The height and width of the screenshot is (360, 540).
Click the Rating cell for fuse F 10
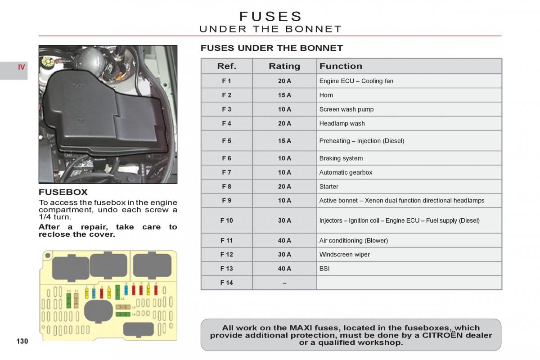[x=284, y=220]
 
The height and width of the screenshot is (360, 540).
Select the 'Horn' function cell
[x=326, y=95]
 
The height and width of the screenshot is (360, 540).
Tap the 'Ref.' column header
[x=226, y=66]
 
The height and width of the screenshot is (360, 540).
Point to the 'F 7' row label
[x=226, y=172]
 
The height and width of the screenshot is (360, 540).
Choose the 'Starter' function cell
[x=329, y=186]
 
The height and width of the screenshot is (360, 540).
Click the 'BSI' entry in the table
[x=324, y=269]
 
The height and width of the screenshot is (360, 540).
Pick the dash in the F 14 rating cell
[x=284, y=283]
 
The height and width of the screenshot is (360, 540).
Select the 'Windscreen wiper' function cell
[x=345, y=254]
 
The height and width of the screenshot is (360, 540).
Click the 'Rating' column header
[x=284, y=66]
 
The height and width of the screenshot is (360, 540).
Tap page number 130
[x=22, y=341]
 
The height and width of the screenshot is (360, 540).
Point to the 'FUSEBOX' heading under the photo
[x=63, y=192]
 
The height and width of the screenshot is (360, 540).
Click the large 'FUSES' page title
[x=271, y=16]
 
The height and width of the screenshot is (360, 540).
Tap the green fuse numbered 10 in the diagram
[x=69, y=300]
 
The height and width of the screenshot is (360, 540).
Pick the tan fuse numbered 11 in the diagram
[x=76, y=300]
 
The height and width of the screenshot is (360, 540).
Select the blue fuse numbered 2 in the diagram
[x=94, y=293]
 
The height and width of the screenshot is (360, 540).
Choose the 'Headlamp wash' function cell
[x=342, y=123]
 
